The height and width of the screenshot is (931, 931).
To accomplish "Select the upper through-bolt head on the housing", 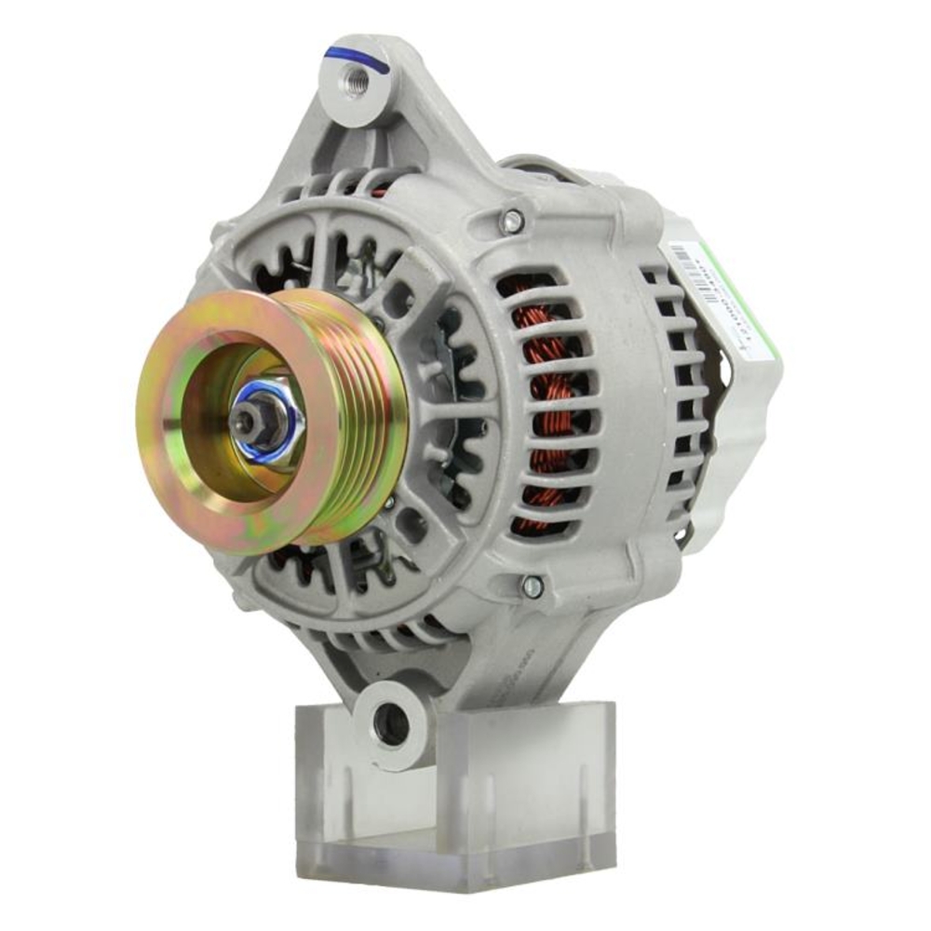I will (x=511, y=222).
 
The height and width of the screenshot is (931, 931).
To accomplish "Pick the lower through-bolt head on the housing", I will (x=532, y=586).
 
